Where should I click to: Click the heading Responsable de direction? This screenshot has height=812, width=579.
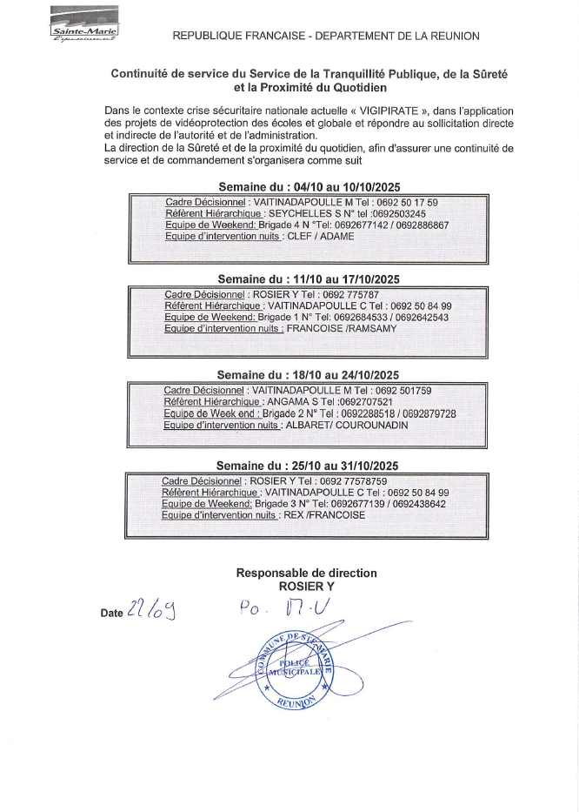[x=306, y=574]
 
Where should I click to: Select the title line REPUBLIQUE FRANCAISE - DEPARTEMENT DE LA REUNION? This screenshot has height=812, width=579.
[x=326, y=36]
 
